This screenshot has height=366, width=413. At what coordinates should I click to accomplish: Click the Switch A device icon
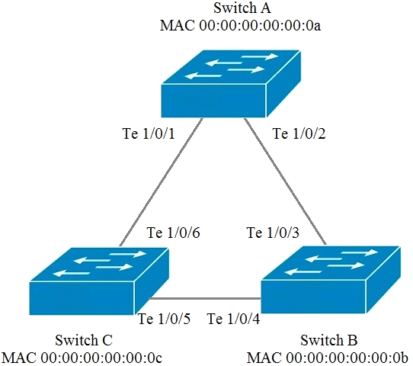(231, 84)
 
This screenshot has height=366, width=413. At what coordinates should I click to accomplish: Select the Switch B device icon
(331, 280)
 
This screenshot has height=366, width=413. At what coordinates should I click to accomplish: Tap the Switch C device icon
(99, 281)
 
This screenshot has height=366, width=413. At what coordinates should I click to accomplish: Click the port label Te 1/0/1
(149, 133)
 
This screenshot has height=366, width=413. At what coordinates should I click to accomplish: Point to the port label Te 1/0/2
(299, 133)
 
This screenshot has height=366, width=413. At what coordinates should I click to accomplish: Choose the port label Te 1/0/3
(273, 233)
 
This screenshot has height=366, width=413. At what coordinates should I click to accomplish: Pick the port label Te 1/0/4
(234, 319)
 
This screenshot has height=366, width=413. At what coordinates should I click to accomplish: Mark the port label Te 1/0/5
(164, 319)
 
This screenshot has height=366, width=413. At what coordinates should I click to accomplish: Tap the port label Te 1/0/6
(173, 233)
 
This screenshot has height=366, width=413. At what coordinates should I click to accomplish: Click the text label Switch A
(242, 8)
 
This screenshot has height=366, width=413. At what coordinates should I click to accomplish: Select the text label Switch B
(329, 340)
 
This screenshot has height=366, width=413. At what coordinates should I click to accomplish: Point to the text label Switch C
(84, 340)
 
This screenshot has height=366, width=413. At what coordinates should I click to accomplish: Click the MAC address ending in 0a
(241, 26)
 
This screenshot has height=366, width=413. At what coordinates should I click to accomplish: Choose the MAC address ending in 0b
(328, 358)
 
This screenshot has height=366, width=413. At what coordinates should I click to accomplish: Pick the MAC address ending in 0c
(82, 358)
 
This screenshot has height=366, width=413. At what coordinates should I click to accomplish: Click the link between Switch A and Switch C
(162, 182)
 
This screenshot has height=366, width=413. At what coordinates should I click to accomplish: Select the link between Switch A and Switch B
(285, 181)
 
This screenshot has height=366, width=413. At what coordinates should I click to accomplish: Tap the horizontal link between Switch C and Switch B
(205, 299)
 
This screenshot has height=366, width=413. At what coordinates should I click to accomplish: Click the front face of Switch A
(213, 101)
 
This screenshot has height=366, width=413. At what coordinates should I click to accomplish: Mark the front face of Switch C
(82, 298)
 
